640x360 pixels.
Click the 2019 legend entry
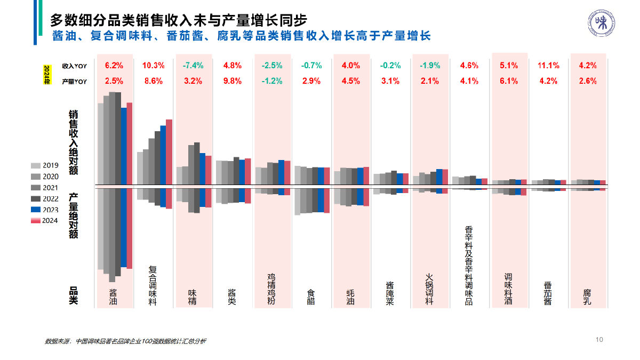[x=45, y=165]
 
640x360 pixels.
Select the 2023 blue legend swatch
[x=36, y=210]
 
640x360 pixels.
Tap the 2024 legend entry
[x=45, y=220]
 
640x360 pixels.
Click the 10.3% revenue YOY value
[x=153, y=66]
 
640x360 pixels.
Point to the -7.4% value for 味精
[x=193, y=66]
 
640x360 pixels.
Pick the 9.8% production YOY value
[x=232, y=81]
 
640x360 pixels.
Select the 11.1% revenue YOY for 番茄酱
[x=548, y=66]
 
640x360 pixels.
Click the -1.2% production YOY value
[x=272, y=81]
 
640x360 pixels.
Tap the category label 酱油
[x=113, y=297]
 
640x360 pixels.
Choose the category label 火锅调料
[x=429, y=289]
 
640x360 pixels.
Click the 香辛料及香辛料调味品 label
[x=469, y=265]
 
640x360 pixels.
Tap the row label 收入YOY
[x=74, y=66]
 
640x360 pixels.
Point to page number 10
[x=599, y=339]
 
